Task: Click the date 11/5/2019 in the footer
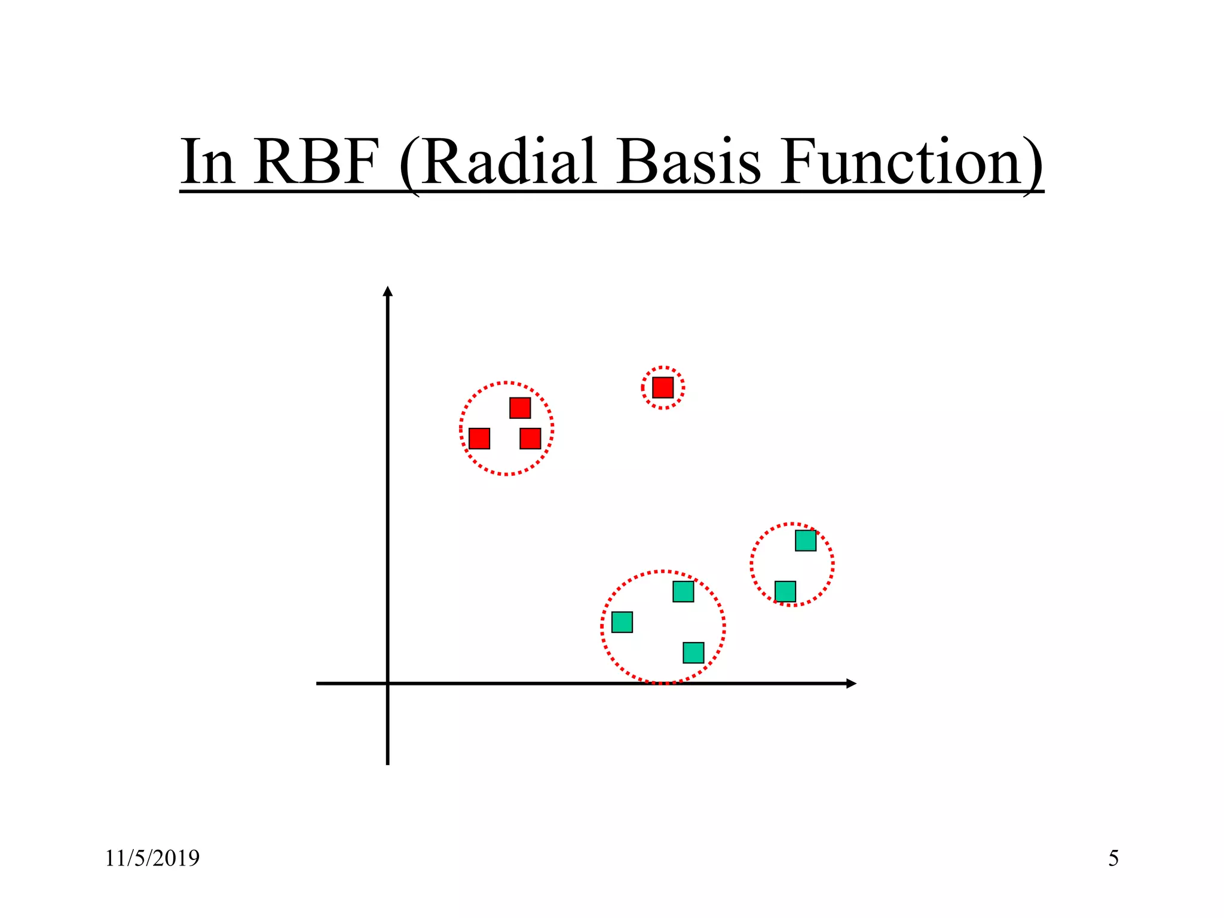pyautogui.click(x=152, y=858)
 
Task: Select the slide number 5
pyautogui.click(x=1113, y=858)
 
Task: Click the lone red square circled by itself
pyautogui.click(x=663, y=387)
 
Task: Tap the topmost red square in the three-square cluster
pyautogui.click(x=520, y=408)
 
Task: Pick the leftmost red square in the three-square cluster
pyautogui.click(x=479, y=439)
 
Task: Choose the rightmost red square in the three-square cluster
pyautogui.click(x=530, y=439)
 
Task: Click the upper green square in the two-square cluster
pyautogui.click(x=806, y=540)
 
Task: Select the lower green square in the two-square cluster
pyautogui.click(x=785, y=592)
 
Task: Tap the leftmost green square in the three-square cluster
pyautogui.click(x=622, y=622)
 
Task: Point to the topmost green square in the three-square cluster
pyautogui.click(x=683, y=592)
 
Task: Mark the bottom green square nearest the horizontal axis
pyautogui.click(x=693, y=653)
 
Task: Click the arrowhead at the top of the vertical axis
pyautogui.click(x=388, y=291)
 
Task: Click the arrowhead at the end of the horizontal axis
pyautogui.click(x=852, y=683)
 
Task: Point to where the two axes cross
pyautogui.click(x=388, y=683)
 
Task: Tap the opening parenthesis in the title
pyautogui.click(x=409, y=164)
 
